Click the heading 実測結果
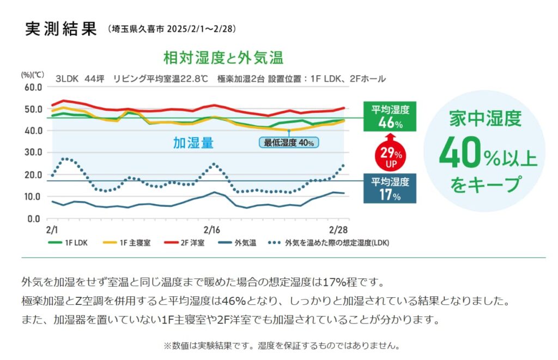[60, 28]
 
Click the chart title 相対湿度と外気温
[223, 57]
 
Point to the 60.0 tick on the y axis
[33, 87]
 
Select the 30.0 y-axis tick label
[33, 152]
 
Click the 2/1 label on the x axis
[52, 229]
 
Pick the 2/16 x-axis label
[211, 229]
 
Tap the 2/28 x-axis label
[338, 229]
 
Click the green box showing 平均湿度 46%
[390, 117]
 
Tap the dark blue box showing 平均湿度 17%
[390, 188]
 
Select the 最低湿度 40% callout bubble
[289, 143]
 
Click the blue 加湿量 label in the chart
[193, 143]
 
